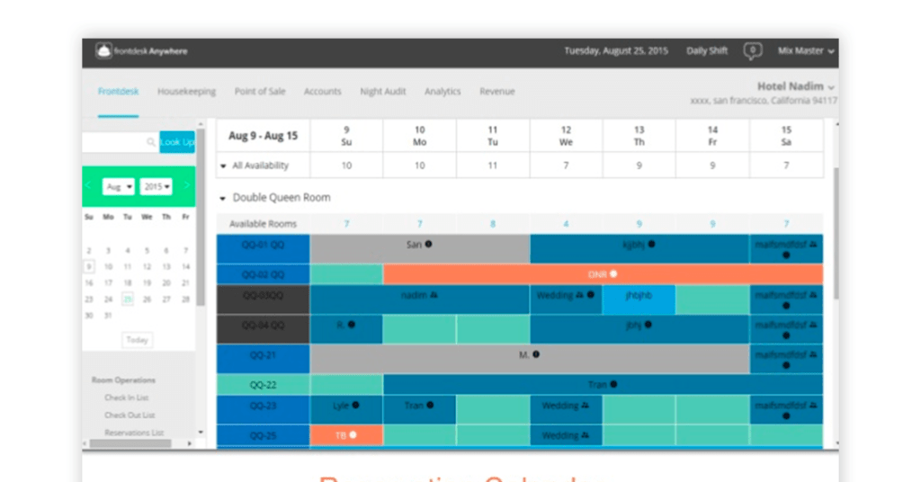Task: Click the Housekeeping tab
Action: click(x=186, y=92)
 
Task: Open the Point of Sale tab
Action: click(x=260, y=92)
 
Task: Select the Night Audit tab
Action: click(x=382, y=92)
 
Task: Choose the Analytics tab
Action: click(x=443, y=92)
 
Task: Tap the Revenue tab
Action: click(x=496, y=92)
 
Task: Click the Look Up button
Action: click(x=177, y=142)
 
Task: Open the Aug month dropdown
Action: click(x=118, y=186)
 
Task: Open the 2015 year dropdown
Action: click(x=156, y=186)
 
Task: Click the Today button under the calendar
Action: click(x=137, y=340)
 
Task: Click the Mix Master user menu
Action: click(x=805, y=51)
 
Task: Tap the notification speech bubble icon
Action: click(x=753, y=51)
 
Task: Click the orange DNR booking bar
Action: click(x=603, y=274)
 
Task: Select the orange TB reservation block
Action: click(x=346, y=435)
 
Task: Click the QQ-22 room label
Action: click(x=263, y=385)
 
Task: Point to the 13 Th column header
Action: click(x=639, y=136)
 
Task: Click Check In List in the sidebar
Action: click(x=126, y=397)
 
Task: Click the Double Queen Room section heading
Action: click(x=281, y=198)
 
